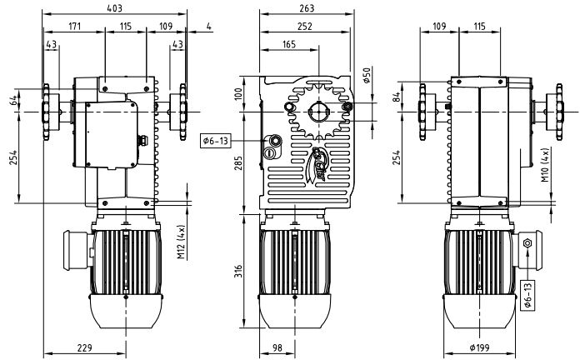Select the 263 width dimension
pyautogui.click(x=307, y=7)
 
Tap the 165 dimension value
pyautogui.click(x=289, y=43)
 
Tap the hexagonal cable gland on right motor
pyautogui.click(x=527, y=242)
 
